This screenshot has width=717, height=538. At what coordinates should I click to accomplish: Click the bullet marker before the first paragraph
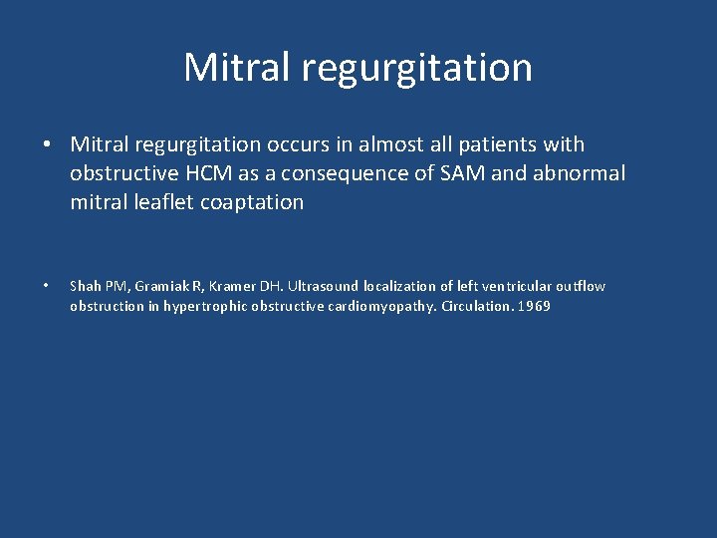click(x=47, y=145)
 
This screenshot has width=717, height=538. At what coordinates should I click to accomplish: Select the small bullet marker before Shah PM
click(x=47, y=287)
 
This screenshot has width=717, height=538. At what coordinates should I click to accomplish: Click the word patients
click(x=494, y=145)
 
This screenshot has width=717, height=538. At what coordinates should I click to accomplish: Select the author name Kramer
click(x=226, y=287)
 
